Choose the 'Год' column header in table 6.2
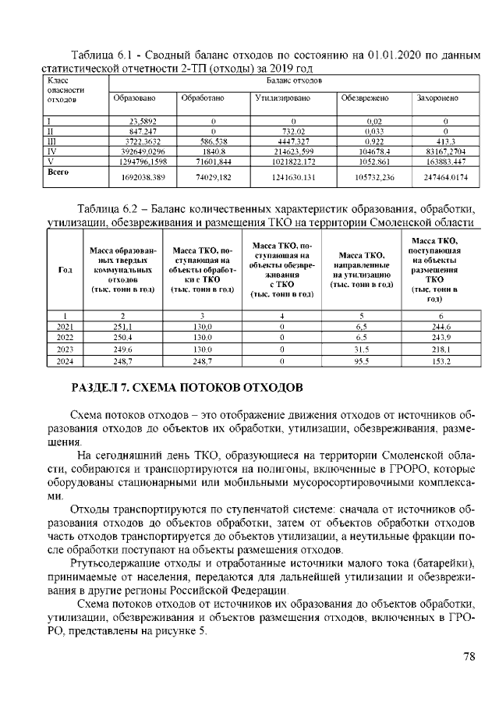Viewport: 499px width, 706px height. point(65,269)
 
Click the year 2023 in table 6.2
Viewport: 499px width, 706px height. point(65,351)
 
